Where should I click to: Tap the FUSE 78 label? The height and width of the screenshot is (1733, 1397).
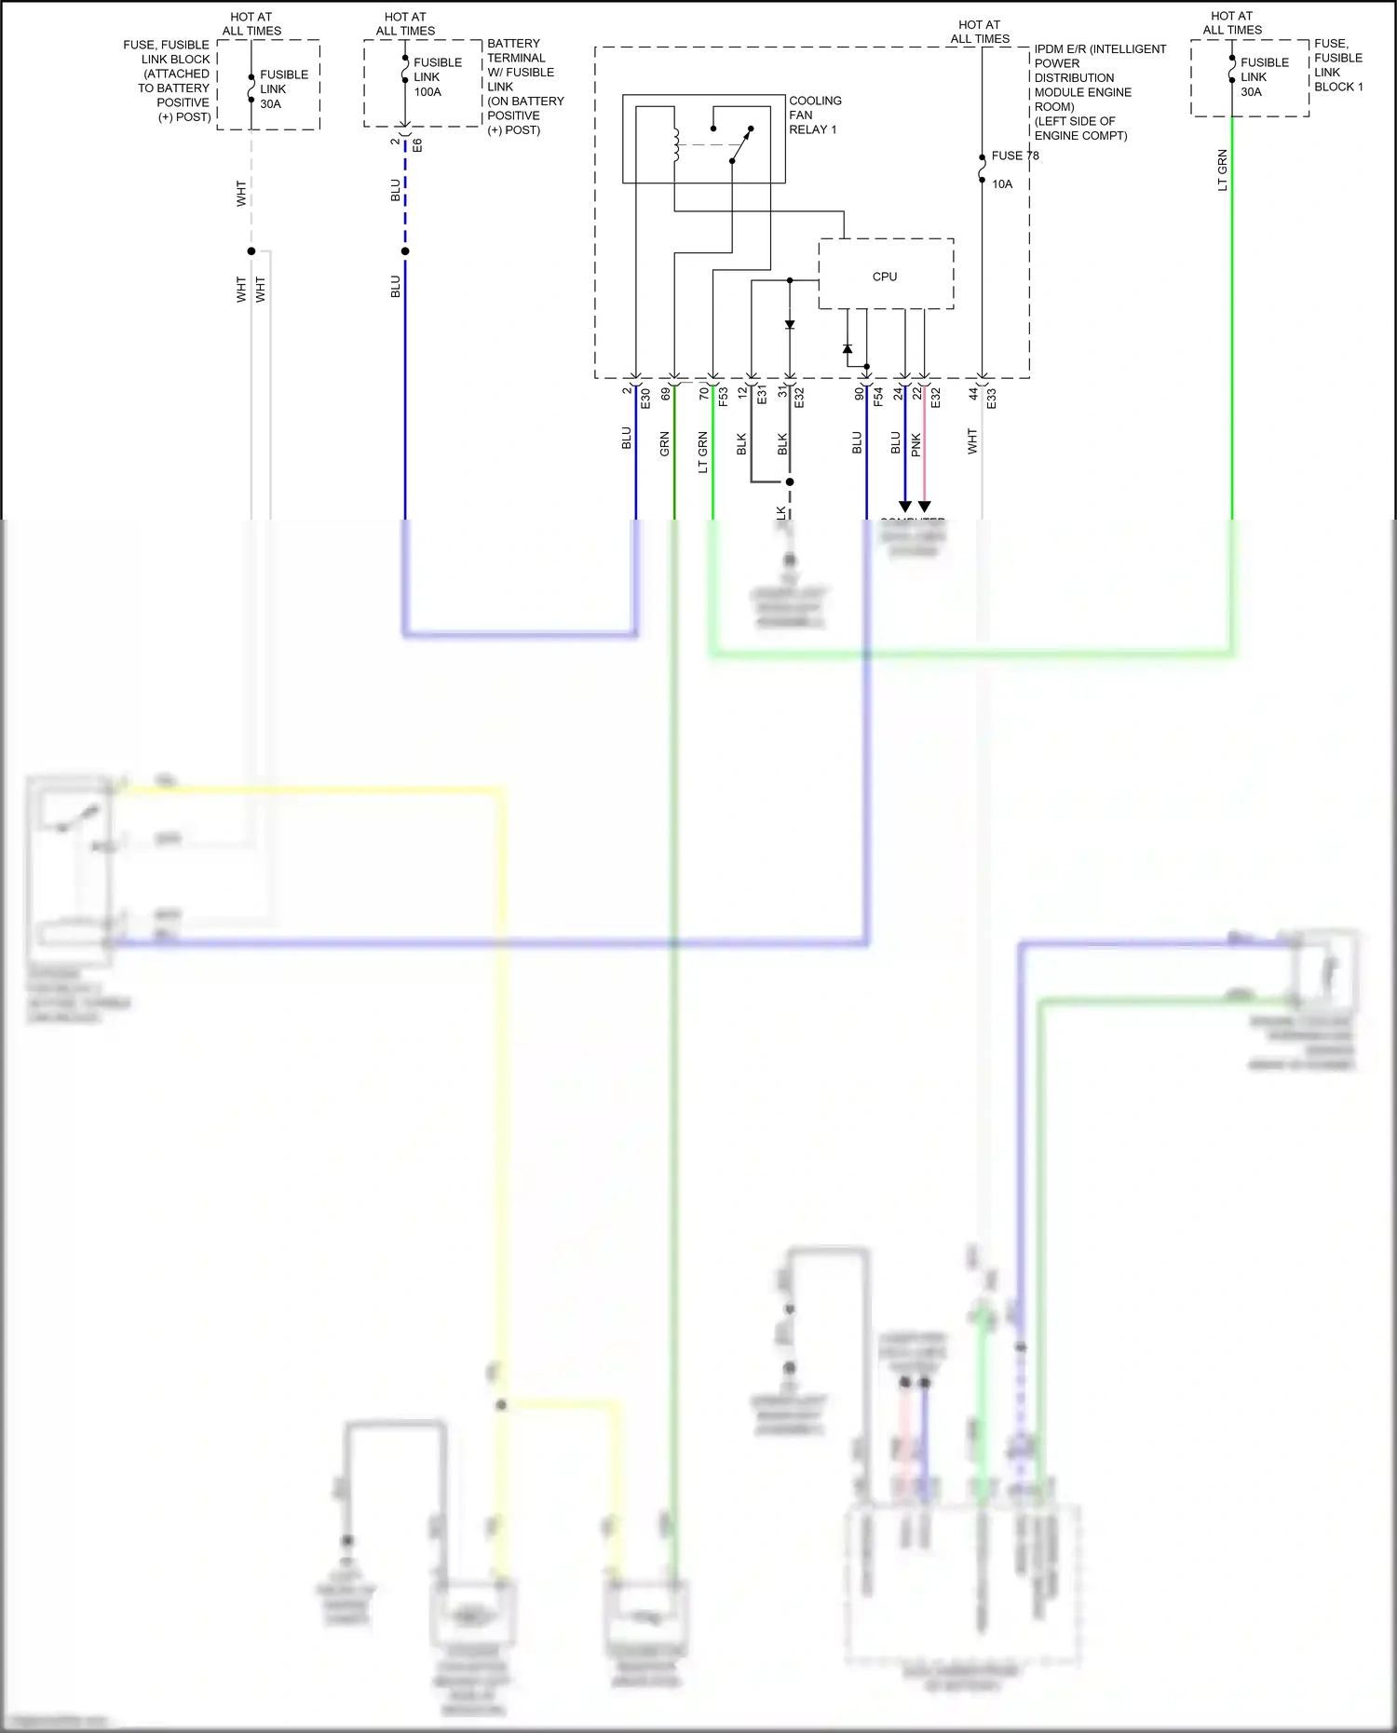click(1014, 156)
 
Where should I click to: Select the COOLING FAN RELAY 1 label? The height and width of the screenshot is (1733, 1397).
click(814, 115)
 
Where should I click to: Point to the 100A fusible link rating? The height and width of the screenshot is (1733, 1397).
click(427, 92)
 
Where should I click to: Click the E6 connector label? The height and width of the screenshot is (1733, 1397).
click(417, 145)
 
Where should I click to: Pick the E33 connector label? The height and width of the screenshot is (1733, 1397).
click(992, 398)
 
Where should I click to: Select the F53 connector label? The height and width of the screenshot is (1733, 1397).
click(723, 398)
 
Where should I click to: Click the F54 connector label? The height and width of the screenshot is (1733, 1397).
click(877, 398)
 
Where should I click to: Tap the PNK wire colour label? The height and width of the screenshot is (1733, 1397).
click(916, 444)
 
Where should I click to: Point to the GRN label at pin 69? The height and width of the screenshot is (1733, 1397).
click(664, 444)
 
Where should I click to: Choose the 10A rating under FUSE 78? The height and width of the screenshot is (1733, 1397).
click(1002, 184)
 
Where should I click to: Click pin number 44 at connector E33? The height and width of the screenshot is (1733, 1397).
click(973, 394)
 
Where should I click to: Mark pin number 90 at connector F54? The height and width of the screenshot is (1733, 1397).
click(859, 394)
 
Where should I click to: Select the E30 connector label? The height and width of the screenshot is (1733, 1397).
click(645, 398)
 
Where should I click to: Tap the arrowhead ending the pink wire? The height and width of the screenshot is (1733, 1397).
click(924, 507)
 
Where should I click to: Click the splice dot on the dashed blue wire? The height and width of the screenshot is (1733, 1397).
click(405, 251)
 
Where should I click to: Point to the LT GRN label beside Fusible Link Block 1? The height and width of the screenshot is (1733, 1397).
click(1222, 169)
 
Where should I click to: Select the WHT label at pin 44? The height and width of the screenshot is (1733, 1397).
click(971, 441)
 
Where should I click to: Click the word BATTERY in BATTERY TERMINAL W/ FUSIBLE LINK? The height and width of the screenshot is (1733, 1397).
click(513, 44)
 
